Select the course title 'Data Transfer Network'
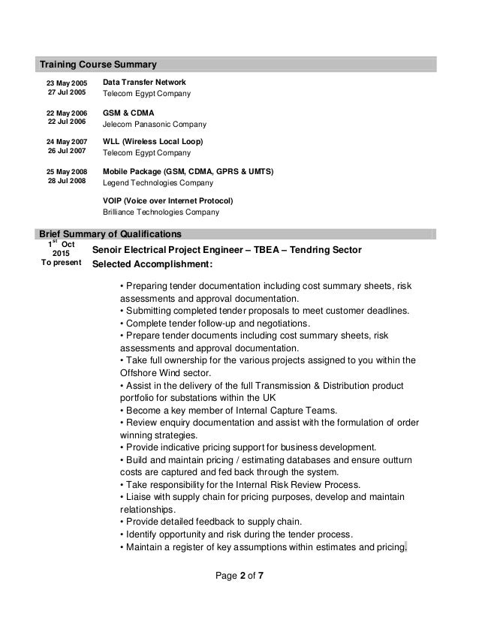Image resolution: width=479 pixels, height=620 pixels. pyautogui.click(x=144, y=81)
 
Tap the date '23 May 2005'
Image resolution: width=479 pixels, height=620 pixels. pyautogui.click(x=67, y=82)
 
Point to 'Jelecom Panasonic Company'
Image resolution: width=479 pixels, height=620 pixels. pyautogui.click(x=154, y=124)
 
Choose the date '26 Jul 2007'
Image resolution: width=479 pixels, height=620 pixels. pyautogui.click(x=67, y=152)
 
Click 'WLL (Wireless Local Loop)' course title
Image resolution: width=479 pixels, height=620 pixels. pyautogui.click(x=153, y=141)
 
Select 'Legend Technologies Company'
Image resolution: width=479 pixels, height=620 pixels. pyautogui.click(x=158, y=183)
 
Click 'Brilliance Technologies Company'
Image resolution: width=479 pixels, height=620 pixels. pyautogui.click(x=161, y=212)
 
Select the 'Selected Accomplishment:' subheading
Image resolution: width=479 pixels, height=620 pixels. pyautogui.click(x=152, y=265)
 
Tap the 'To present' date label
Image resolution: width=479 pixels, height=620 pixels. pyautogui.click(x=62, y=264)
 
